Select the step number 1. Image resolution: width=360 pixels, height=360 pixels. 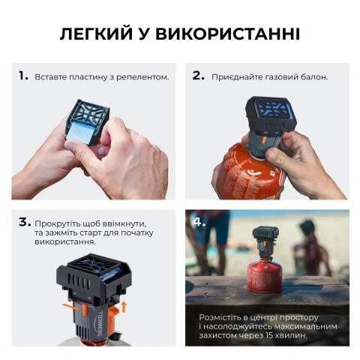(x=22, y=76)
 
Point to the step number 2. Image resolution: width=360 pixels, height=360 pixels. (x=198, y=76)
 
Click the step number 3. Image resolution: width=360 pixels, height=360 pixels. (x=23, y=222)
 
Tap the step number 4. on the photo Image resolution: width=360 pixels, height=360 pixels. (x=199, y=222)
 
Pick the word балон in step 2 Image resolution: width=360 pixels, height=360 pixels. (x=314, y=77)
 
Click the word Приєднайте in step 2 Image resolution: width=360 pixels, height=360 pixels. (x=237, y=77)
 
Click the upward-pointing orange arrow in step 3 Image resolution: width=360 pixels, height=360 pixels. (x=124, y=303)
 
